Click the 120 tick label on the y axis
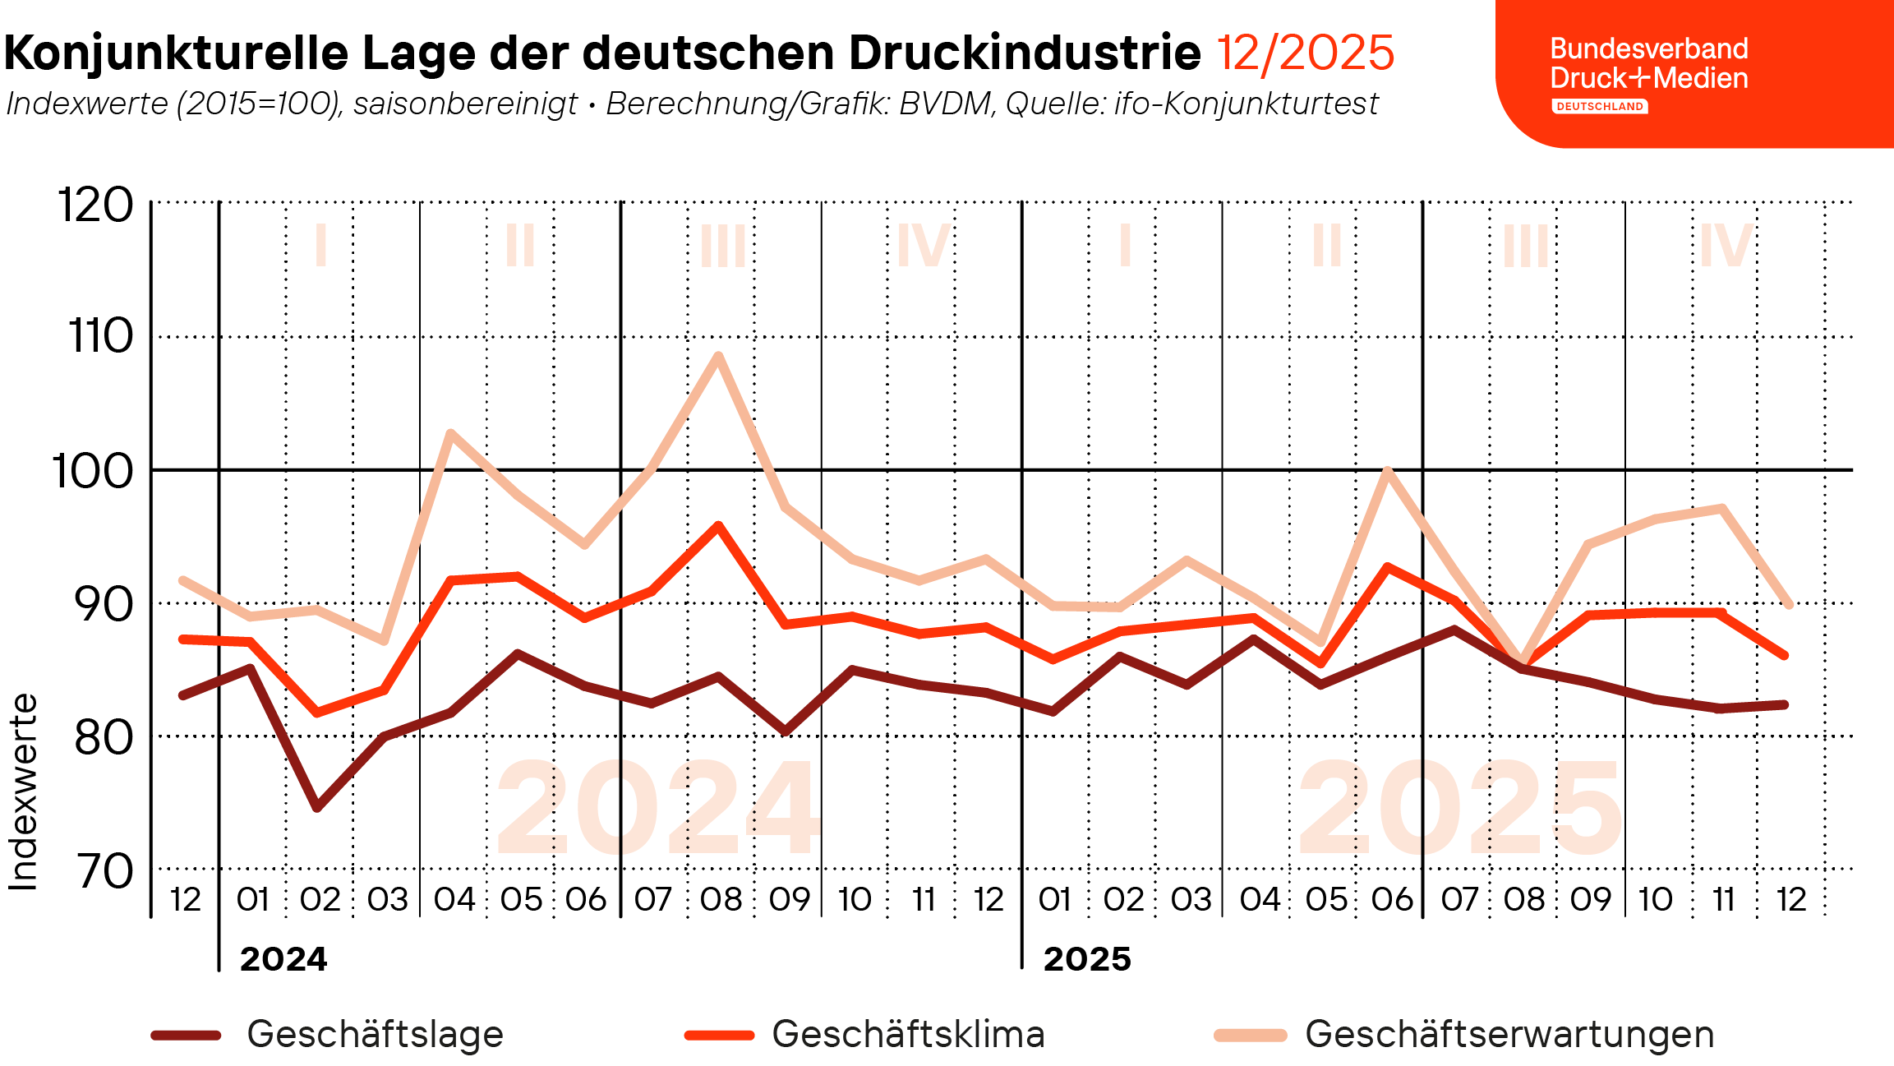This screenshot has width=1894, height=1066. point(95,205)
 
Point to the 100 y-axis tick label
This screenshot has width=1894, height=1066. point(93,472)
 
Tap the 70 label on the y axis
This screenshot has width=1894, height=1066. point(104,871)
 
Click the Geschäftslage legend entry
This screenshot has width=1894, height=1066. point(327,1034)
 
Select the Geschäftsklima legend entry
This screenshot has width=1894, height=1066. point(864,1034)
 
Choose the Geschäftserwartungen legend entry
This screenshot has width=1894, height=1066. point(1464,1034)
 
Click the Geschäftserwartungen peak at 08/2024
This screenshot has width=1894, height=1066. point(718,356)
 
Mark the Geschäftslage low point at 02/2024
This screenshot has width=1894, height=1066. point(317,808)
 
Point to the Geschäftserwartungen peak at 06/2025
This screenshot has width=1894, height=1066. point(1387,471)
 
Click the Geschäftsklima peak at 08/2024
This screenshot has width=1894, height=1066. point(718,525)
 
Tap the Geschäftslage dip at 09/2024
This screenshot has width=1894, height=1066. point(786,731)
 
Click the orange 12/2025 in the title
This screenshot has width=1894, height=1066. point(1305,53)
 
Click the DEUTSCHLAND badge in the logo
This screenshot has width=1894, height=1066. point(1600,106)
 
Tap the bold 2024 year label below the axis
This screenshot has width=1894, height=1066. point(283,959)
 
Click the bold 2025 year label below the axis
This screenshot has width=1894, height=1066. point(1087,959)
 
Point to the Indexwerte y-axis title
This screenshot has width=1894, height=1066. point(23,792)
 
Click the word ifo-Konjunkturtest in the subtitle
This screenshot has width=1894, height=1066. point(1247,104)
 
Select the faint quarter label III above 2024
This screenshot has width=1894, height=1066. point(723,245)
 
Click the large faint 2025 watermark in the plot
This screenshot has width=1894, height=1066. point(1460,807)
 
